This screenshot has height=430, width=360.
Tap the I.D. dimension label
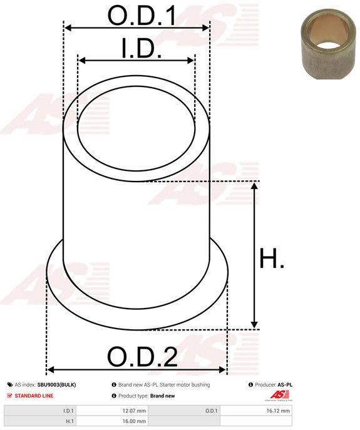(x=141, y=48)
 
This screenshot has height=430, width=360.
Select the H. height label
(x=271, y=258)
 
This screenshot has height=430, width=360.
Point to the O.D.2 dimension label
(x=142, y=357)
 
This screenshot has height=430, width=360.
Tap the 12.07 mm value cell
(x=112, y=411)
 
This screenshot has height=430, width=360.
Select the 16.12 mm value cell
(x=256, y=411)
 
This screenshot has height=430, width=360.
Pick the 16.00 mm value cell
(x=112, y=421)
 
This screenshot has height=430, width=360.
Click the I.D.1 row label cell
(x=40, y=411)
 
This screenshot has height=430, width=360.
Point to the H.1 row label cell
(x=40, y=421)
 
